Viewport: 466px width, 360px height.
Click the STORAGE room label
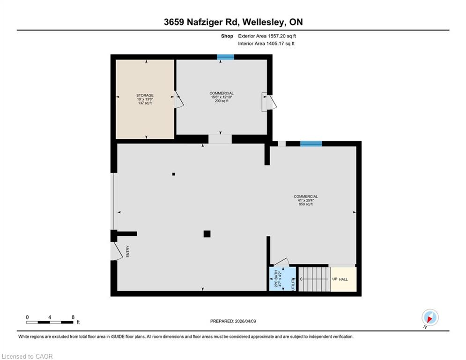[145, 95]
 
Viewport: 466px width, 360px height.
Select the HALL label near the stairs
[343, 279]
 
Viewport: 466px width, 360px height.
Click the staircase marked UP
[314, 279]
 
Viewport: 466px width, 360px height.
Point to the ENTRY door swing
[117, 251]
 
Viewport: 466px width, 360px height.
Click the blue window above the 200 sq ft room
[225, 57]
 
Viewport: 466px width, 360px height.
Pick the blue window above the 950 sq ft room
[311, 144]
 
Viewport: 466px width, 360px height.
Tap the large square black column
[207, 234]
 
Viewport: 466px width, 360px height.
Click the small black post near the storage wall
[174, 174]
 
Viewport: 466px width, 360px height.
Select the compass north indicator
[430, 317]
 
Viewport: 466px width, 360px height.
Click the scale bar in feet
[50, 322]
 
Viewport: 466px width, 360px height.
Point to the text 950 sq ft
[305, 204]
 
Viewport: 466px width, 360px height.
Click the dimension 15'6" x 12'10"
[222, 97]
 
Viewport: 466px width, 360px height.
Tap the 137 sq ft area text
[145, 103]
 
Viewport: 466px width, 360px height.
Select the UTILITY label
[293, 284]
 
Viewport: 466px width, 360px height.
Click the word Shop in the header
[227, 36]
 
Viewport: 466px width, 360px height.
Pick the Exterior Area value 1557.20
[277, 36]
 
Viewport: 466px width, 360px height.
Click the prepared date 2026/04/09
[245, 321]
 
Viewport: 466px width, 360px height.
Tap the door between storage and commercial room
[178, 99]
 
